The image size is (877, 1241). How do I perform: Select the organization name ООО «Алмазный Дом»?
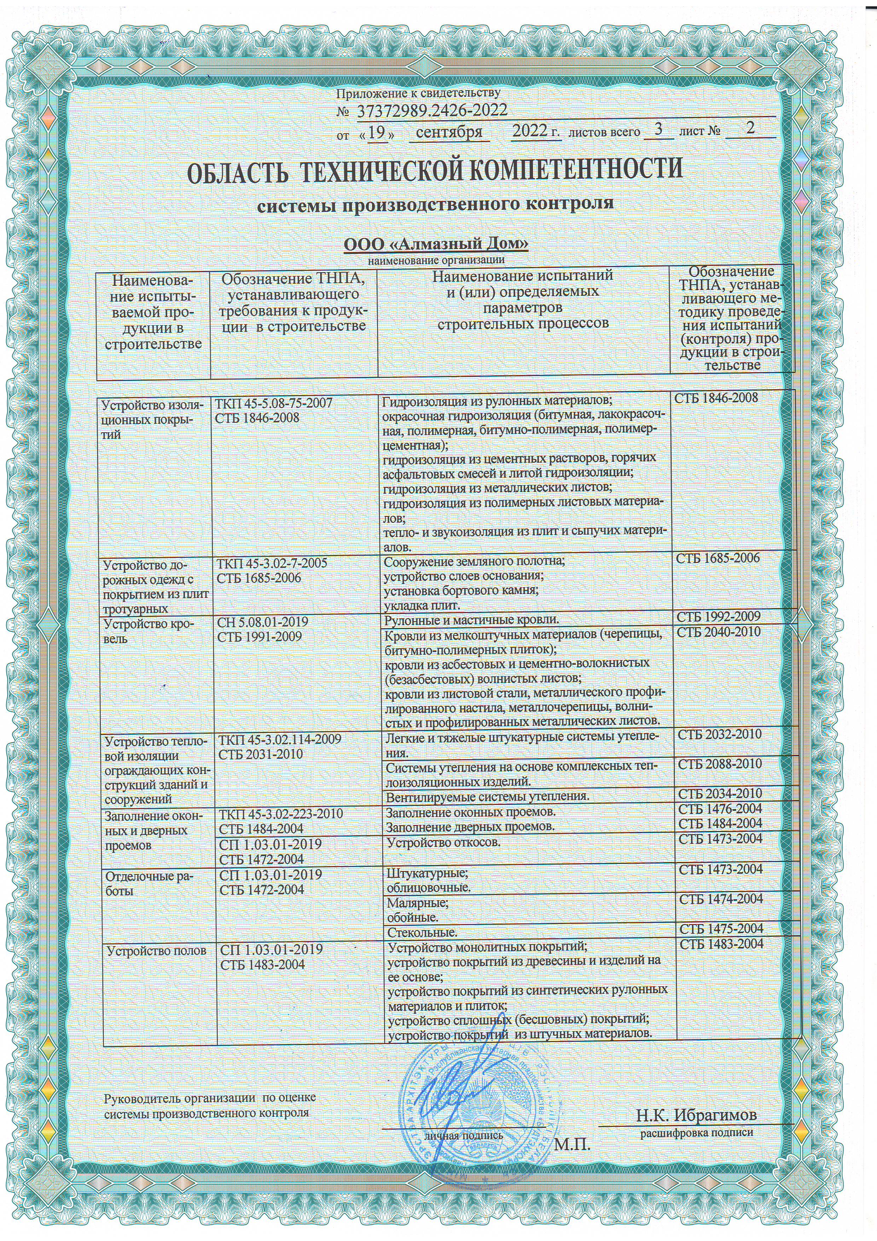[x=436, y=244]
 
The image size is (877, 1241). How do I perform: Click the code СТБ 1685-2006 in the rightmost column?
[x=718, y=558]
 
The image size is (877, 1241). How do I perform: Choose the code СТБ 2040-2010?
[x=719, y=632]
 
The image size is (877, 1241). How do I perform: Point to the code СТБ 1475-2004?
[x=720, y=929]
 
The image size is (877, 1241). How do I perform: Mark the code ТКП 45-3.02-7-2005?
[x=272, y=563]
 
